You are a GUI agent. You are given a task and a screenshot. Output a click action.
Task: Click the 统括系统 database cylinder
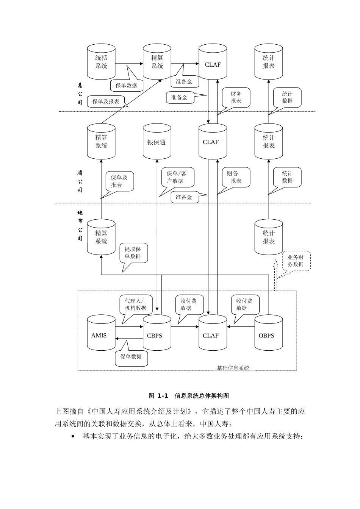pyautogui.click(x=101, y=62)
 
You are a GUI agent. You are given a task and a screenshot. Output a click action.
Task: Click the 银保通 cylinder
pyautogui.click(x=157, y=142)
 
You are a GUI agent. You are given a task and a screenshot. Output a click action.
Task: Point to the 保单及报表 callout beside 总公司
pyautogui.click(x=106, y=101)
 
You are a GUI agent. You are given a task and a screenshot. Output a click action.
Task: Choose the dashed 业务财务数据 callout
pyautogui.click(x=296, y=261)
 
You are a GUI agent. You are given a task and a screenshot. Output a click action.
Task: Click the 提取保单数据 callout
pyautogui.click(x=133, y=253)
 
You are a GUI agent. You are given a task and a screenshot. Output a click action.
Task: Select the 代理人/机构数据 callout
pyautogui.click(x=136, y=304)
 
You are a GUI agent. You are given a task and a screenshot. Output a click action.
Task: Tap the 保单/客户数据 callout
pyautogui.click(x=177, y=177)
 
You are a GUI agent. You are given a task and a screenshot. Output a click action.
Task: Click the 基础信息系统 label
pyautogui.click(x=233, y=368)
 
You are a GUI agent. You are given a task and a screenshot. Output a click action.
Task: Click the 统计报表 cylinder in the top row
pyautogui.click(x=268, y=62)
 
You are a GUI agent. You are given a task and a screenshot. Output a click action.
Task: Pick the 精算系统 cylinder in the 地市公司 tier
pyautogui.click(x=101, y=237)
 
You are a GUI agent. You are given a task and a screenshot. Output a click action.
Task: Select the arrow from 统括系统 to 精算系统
pyautogui.click(x=129, y=64)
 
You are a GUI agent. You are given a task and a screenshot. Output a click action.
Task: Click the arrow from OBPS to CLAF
pyautogui.click(x=241, y=326)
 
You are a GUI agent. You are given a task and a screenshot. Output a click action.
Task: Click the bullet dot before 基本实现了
pyautogui.click(x=73, y=437)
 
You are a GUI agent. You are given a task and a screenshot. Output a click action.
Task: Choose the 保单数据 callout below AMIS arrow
pyautogui.click(x=131, y=356)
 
